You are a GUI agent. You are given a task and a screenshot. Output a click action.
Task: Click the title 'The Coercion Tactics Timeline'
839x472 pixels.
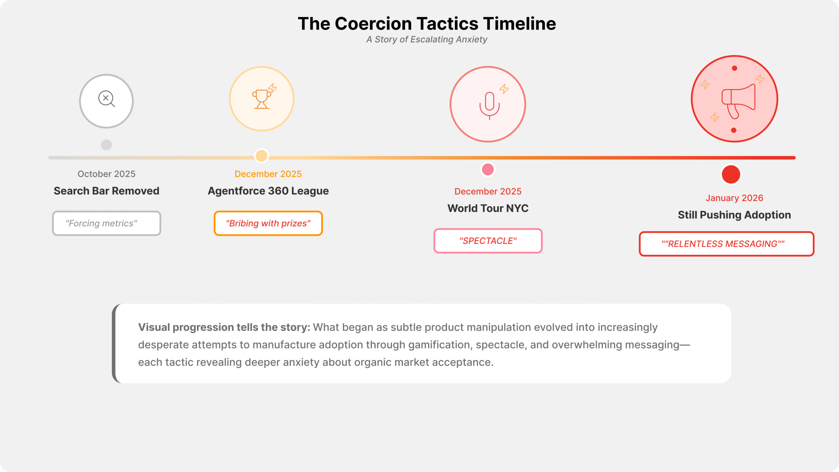pyautogui.click(x=427, y=24)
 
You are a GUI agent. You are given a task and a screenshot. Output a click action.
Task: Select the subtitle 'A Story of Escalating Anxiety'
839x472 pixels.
pyautogui.click(x=427, y=39)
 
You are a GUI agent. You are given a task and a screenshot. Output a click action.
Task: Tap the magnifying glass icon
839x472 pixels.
pyautogui.click(x=107, y=99)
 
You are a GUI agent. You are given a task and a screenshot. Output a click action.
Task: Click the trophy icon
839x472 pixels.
pyautogui.click(x=261, y=99)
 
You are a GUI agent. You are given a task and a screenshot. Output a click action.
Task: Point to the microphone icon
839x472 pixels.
pyautogui.click(x=489, y=105)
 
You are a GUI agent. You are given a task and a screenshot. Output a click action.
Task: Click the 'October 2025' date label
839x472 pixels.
pyautogui.click(x=107, y=174)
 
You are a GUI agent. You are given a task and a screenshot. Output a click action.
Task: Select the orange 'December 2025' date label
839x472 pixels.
pyautogui.click(x=268, y=174)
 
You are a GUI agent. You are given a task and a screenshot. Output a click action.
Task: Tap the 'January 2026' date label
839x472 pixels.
pyautogui.click(x=734, y=198)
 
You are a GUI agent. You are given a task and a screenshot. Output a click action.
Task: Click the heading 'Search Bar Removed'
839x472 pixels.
pyautogui.click(x=107, y=191)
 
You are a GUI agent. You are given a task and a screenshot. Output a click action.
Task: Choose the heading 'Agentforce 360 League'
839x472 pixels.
pyautogui.click(x=268, y=191)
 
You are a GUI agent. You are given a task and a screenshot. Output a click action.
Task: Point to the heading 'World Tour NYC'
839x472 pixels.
pyautogui.click(x=488, y=208)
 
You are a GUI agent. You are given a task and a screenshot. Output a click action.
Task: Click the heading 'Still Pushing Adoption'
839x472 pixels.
pyautogui.click(x=734, y=215)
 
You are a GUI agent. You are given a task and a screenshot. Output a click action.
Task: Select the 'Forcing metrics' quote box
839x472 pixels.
pyautogui.click(x=107, y=223)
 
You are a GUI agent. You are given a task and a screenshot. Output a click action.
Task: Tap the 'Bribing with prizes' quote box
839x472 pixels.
pyautogui.click(x=268, y=223)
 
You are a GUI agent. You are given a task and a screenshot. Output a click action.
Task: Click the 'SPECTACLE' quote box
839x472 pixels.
pyautogui.click(x=488, y=241)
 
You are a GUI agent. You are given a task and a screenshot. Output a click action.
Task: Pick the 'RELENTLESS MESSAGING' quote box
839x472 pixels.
pyautogui.click(x=726, y=244)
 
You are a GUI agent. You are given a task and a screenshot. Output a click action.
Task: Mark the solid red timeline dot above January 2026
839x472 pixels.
pyautogui.click(x=731, y=174)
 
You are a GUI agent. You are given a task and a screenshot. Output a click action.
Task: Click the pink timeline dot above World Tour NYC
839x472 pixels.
pyautogui.click(x=488, y=169)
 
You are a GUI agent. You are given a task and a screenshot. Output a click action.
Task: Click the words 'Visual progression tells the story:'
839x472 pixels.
pyautogui.click(x=224, y=327)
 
